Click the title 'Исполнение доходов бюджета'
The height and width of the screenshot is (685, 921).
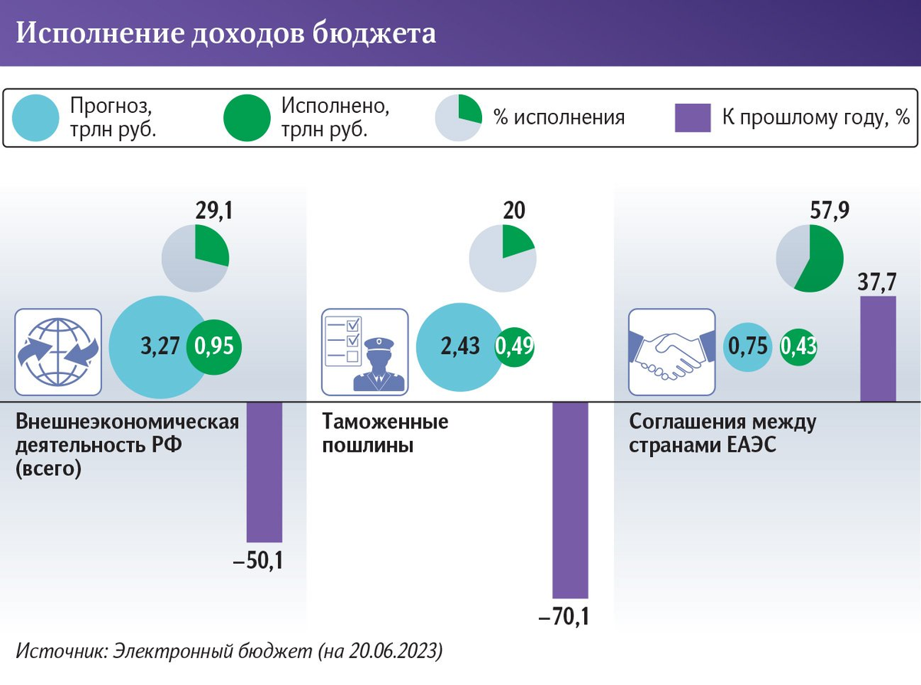tap(226, 34)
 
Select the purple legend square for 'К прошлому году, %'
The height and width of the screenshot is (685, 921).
tap(694, 118)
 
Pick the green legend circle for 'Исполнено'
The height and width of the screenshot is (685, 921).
tap(246, 117)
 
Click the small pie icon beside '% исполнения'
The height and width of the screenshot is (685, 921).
tap(458, 117)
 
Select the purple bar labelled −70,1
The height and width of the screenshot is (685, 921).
tap(570, 500)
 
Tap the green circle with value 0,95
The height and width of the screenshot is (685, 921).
tap(214, 346)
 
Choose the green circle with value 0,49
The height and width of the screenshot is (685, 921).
tap(514, 346)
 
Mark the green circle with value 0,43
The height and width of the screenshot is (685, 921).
tap(798, 346)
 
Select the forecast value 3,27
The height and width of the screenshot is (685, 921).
tap(160, 346)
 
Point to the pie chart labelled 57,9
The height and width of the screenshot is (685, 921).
tap(809, 258)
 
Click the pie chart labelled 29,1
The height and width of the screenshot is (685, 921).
tap(195, 258)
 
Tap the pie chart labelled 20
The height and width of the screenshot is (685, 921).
tap(503, 258)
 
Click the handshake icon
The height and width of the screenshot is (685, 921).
tap(672, 352)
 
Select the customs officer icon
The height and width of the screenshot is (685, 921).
tap(365, 352)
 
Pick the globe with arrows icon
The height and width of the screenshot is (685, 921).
tap(58, 352)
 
